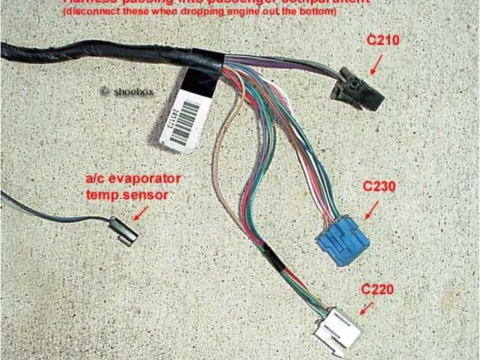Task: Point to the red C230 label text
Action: [379, 187]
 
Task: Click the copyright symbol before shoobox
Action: [104, 91]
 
